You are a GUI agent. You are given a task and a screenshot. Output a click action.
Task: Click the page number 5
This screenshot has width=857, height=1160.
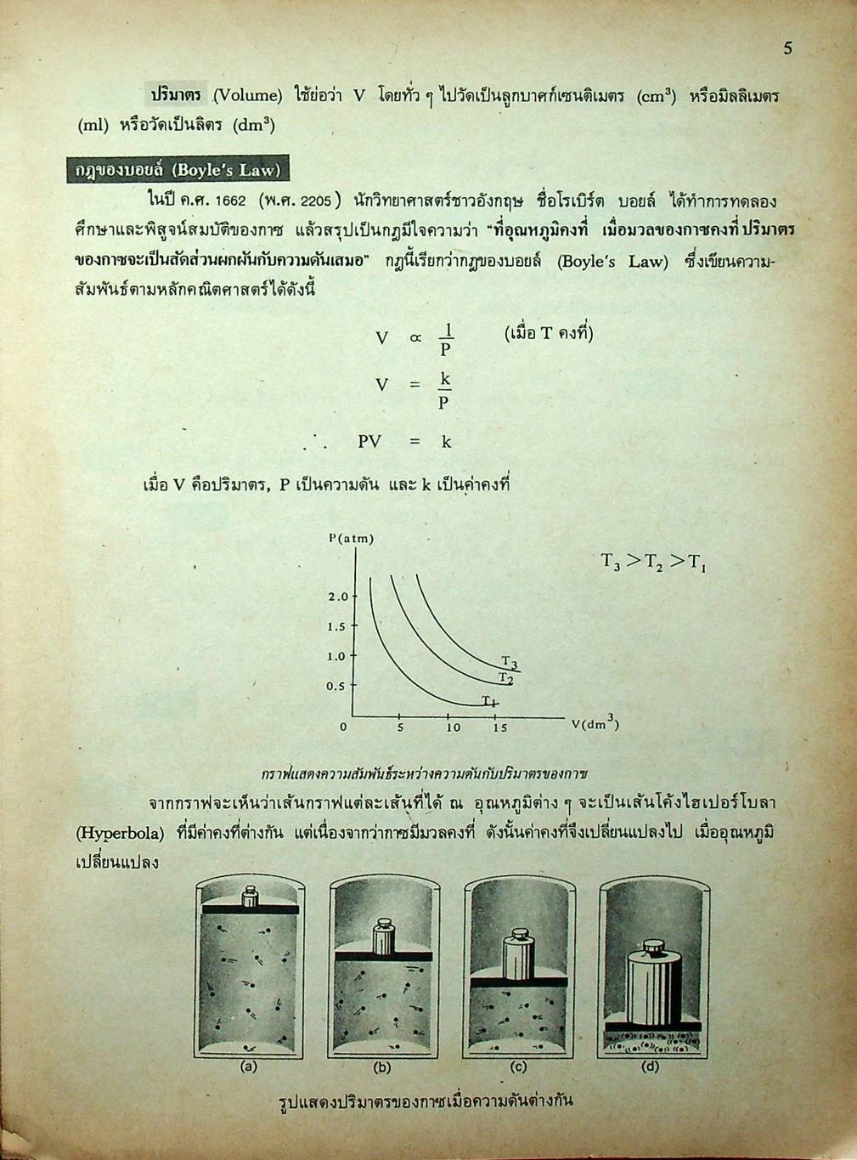(x=787, y=48)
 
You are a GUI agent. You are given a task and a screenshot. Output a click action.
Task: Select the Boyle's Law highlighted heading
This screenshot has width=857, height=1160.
(x=177, y=170)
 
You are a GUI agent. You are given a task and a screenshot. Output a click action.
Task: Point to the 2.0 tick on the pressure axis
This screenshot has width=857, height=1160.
(x=338, y=597)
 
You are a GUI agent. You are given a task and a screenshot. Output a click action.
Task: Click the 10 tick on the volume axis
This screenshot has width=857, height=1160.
(x=453, y=727)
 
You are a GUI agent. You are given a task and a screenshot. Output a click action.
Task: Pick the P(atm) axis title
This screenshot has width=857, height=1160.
(x=351, y=538)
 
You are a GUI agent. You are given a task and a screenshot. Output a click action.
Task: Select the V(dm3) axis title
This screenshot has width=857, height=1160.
(x=595, y=724)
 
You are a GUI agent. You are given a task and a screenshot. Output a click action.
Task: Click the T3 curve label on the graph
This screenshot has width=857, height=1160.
(x=509, y=662)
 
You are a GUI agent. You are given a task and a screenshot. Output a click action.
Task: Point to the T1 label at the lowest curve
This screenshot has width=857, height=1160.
(x=488, y=700)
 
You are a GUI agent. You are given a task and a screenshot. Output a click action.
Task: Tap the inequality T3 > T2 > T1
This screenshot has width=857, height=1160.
(x=653, y=562)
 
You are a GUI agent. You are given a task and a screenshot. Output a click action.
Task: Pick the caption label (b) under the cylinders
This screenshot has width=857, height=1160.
(x=382, y=1067)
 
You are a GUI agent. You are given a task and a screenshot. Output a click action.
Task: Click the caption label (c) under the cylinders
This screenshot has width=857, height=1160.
(x=517, y=1067)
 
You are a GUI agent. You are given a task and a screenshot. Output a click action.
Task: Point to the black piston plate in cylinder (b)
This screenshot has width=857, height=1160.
(x=383, y=957)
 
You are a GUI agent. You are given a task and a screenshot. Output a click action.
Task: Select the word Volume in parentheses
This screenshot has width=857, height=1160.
(x=247, y=95)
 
